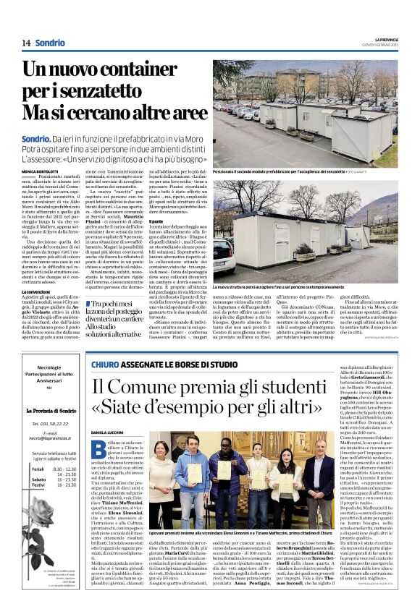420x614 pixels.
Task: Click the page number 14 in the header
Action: tap(25, 43)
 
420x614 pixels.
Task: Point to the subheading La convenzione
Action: tap(36, 291)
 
